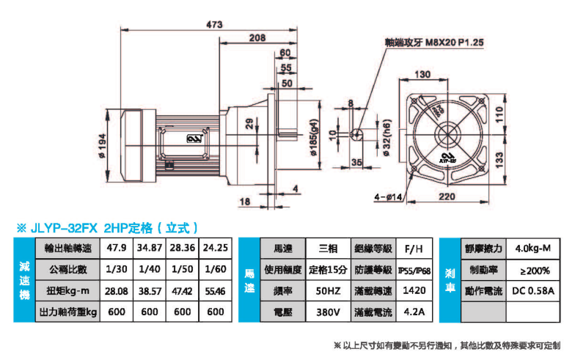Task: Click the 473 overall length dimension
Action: pyautogui.click(x=214, y=24)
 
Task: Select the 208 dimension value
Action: pyautogui.click(x=257, y=37)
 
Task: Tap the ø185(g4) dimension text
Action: pyautogui.click(x=314, y=139)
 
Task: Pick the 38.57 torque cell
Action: pyautogui.click(x=150, y=290)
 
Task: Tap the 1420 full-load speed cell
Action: pyautogui.click(x=416, y=290)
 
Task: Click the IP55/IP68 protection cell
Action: pyautogui.click(x=416, y=269)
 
